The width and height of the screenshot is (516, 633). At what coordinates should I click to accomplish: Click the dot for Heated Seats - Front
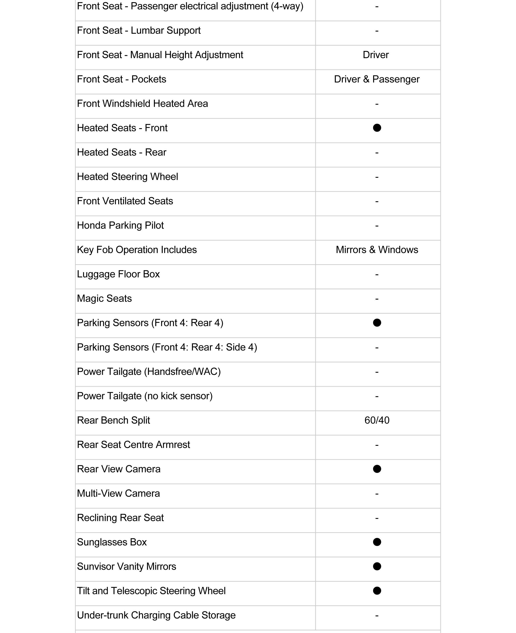tap(377, 128)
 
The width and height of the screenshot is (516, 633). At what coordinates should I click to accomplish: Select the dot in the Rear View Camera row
tap(377, 469)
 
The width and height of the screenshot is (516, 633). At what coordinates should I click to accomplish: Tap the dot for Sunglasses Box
tap(377, 542)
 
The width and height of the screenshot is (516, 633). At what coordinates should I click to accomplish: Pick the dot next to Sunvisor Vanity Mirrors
tap(377, 566)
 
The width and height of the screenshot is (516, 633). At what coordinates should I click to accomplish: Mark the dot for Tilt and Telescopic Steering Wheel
tap(377, 591)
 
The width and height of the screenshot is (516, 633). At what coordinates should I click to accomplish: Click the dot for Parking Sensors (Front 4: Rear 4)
tap(377, 323)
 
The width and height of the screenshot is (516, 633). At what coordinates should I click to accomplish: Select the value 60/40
tap(377, 420)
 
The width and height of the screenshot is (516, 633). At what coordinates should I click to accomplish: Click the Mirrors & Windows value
tap(377, 250)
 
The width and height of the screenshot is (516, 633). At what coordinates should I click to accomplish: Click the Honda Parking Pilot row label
tap(120, 225)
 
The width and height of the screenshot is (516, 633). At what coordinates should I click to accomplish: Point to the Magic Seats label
tap(104, 298)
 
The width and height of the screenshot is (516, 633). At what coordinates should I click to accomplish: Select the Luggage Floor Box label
tap(118, 274)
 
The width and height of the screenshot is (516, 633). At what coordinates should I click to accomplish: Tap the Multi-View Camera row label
tap(118, 493)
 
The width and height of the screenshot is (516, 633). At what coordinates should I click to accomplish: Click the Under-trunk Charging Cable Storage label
tap(156, 615)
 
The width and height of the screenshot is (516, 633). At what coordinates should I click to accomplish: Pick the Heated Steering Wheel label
tap(128, 177)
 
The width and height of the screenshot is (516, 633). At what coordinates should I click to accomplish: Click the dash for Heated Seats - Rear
tap(377, 153)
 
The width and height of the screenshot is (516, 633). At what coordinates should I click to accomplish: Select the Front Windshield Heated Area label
tap(142, 104)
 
